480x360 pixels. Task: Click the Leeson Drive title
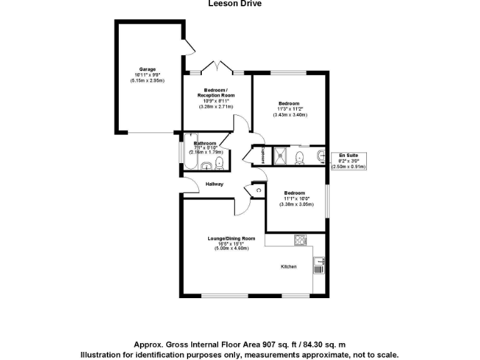coord(234,3)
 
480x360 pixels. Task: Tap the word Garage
coord(147,69)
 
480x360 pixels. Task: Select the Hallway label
coord(214,184)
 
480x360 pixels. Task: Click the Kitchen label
coord(288,267)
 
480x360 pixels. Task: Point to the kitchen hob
coord(299,240)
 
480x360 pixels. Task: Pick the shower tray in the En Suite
coord(281,156)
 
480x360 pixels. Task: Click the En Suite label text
coord(346,154)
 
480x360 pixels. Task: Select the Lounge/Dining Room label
coord(232,238)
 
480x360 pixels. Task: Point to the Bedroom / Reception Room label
coord(216,92)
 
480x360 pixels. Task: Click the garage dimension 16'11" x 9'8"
coord(147,75)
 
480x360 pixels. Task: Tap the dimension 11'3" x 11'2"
coord(289,109)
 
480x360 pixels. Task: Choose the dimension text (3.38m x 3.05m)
coord(294,205)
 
